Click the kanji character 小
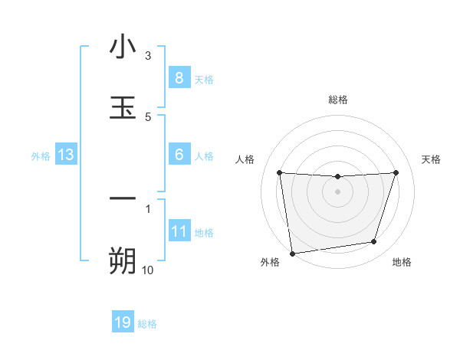pyautogui.click(x=123, y=48)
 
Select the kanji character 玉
pyautogui.click(x=123, y=107)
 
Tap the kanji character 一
pyautogui.click(x=123, y=199)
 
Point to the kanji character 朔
pyautogui.click(x=123, y=260)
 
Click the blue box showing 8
pyautogui.click(x=179, y=78)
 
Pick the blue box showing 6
pyautogui.click(x=179, y=155)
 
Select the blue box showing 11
pyautogui.click(x=179, y=231)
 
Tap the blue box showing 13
pyautogui.click(x=65, y=155)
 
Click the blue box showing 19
pyautogui.click(x=123, y=322)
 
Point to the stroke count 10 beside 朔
pyautogui.click(x=147, y=270)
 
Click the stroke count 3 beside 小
pyautogui.click(x=148, y=56)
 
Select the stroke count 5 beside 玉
pyautogui.click(x=148, y=116)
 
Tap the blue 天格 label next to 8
pyautogui.click(x=204, y=80)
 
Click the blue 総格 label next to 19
pyautogui.click(x=147, y=324)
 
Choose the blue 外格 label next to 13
pyautogui.click(x=41, y=156)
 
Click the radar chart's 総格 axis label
pyautogui.click(x=337, y=100)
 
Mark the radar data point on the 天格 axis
pyautogui.click(x=396, y=172)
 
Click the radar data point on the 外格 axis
pyautogui.click(x=292, y=253)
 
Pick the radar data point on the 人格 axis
pyautogui.click(x=279, y=172)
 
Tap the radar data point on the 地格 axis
pyautogui.click(x=374, y=242)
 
